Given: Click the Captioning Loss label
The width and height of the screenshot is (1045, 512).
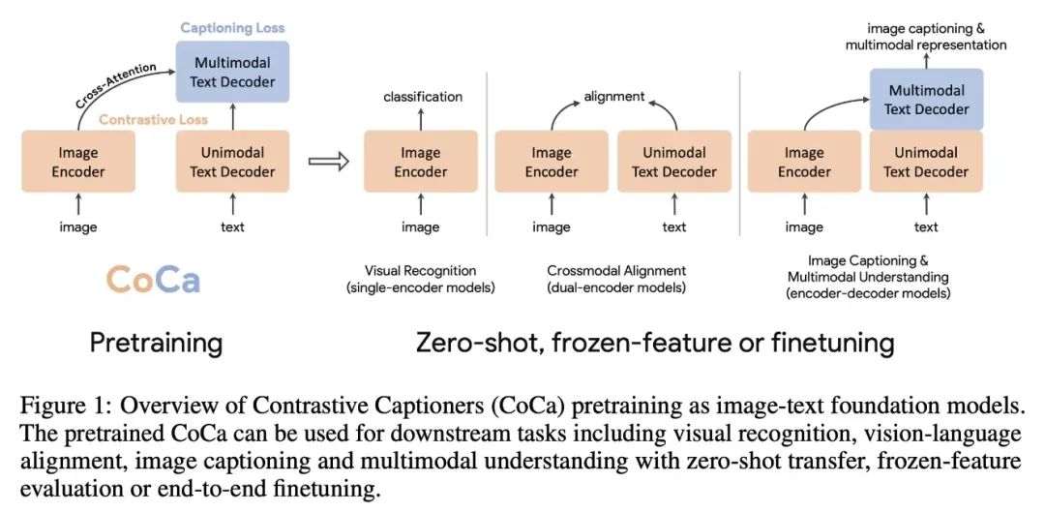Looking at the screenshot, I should point(232,28).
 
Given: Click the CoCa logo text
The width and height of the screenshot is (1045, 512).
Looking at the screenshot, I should point(153,280).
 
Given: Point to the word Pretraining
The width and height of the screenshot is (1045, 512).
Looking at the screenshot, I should point(156,342).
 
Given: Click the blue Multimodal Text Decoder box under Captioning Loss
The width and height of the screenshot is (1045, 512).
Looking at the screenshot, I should point(232,73).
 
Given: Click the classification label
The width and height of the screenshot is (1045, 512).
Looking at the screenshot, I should point(423,97).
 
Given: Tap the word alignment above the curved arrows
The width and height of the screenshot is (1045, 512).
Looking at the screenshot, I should point(614,97).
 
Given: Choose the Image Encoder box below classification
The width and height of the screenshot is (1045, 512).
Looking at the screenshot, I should point(421,163).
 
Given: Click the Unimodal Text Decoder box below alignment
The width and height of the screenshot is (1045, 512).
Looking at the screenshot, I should point(674,163).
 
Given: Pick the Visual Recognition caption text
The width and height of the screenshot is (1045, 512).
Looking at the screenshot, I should point(420,271).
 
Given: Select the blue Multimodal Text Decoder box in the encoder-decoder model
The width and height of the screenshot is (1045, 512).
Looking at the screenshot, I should point(926,101).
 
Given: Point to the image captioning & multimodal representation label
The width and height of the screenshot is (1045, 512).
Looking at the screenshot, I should point(926,37).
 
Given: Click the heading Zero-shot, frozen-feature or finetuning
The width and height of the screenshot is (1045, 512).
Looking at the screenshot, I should point(655,342).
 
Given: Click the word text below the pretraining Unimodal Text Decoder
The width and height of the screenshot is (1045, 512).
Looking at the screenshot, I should point(232,227).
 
